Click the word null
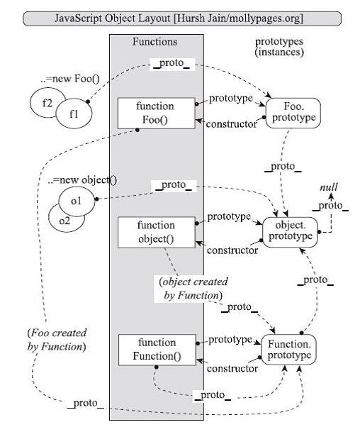click(329, 187)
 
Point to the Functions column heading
click(154, 42)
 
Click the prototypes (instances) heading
click(279, 47)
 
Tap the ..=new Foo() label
click(70, 79)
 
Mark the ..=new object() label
click(82, 180)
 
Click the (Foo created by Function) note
click(57, 340)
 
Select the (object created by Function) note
click(193, 289)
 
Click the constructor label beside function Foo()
click(231, 124)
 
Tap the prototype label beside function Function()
click(230, 340)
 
